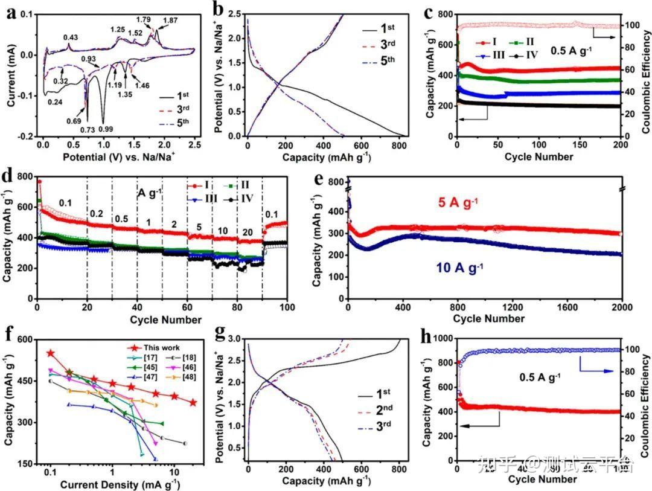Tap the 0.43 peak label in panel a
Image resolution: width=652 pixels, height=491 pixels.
(x=71, y=38)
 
